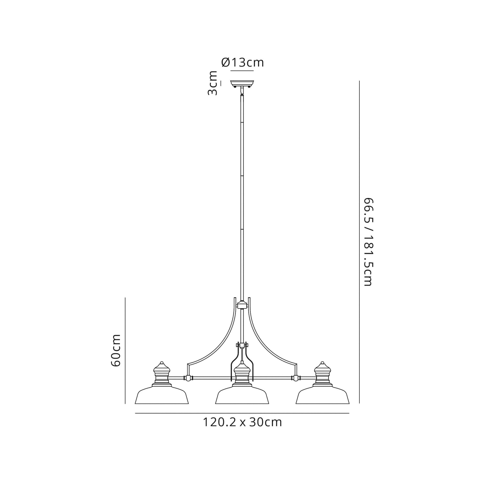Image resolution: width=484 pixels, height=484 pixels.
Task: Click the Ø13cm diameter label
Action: pos(242,63)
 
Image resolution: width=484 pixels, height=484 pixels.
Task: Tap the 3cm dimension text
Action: pos(213,83)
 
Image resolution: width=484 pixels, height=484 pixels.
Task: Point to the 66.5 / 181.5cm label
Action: pos(368,242)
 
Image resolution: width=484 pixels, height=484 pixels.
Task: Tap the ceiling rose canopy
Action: pos(242,83)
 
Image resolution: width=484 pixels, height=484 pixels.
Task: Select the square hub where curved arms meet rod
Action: pos(242,306)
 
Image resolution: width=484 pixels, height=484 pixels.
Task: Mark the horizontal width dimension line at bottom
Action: pos(242,413)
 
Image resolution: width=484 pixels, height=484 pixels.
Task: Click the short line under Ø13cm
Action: pos(242,71)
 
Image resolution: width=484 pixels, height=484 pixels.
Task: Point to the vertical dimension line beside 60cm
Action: pos(125,351)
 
